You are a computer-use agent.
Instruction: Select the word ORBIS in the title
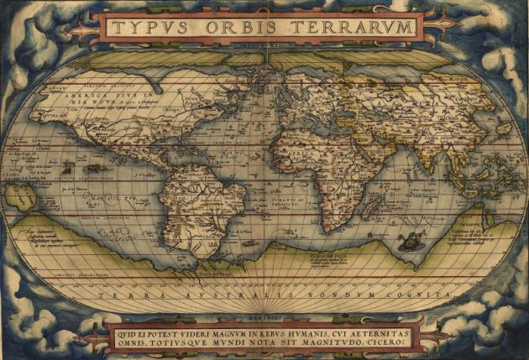247,27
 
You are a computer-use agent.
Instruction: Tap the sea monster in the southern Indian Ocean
410,243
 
